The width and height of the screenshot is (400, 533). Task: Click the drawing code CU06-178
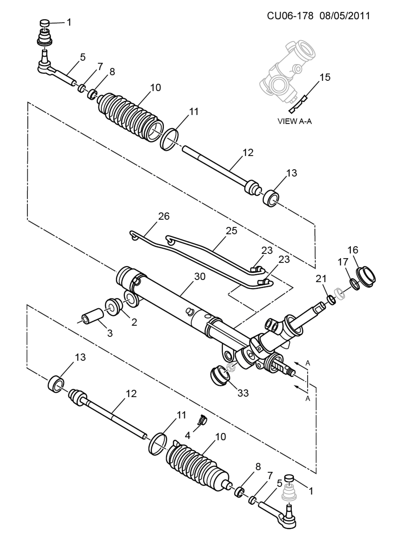[x=290, y=16]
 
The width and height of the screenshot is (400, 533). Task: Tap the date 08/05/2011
[x=344, y=16]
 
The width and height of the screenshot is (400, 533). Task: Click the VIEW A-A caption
[x=294, y=121]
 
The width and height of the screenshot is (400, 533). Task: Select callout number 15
[x=325, y=77]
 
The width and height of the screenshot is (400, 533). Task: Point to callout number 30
[x=200, y=277]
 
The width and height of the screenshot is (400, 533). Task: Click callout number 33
[x=243, y=393]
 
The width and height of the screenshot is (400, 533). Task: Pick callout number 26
[x=164, y=216]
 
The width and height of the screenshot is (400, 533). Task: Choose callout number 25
[x=231, y=231]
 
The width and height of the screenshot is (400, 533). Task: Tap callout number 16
[x=353, y=250]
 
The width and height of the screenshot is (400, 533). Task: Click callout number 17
[x=343, y=262]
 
